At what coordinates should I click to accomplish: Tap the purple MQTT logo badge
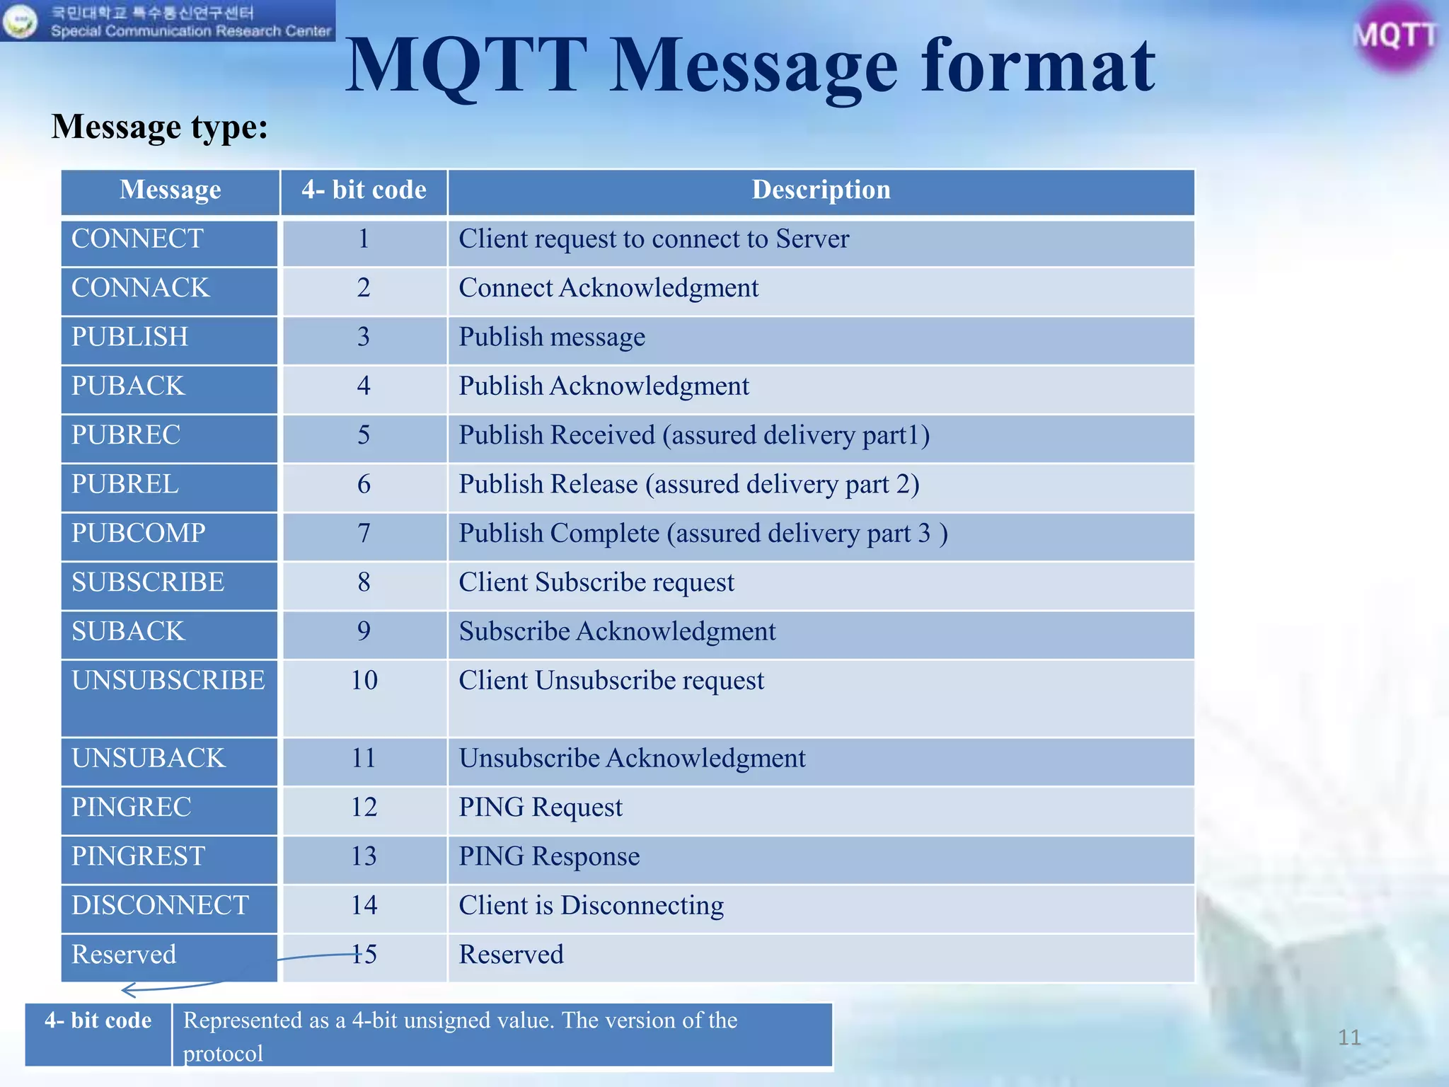click(1395, 35)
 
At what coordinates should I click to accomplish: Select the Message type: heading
click(160, 127)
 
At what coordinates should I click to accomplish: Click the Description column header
click(821, 190)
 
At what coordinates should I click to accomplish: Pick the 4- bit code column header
click(364, 190)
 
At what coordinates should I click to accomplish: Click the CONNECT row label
click(138, 239)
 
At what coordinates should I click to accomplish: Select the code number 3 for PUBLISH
click(364, 337)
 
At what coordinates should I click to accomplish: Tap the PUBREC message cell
click(127, 435)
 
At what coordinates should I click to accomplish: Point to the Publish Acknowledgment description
click(604, 386)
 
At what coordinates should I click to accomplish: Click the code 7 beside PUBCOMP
click(364, 533)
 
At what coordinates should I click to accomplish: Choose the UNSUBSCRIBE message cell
click(168, 681)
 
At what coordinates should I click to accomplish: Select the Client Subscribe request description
click(596, 582)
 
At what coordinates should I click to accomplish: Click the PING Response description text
click(549, 856)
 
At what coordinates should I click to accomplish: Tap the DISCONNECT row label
click(161, 906)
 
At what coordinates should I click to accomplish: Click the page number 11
click(1349, 1037)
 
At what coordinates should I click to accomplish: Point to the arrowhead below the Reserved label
click(127, 990)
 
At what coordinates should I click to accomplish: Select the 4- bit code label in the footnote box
click(98, 1020)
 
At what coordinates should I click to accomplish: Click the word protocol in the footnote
click(223, 1054)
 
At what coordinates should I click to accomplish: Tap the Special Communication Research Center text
click(191, 31)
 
